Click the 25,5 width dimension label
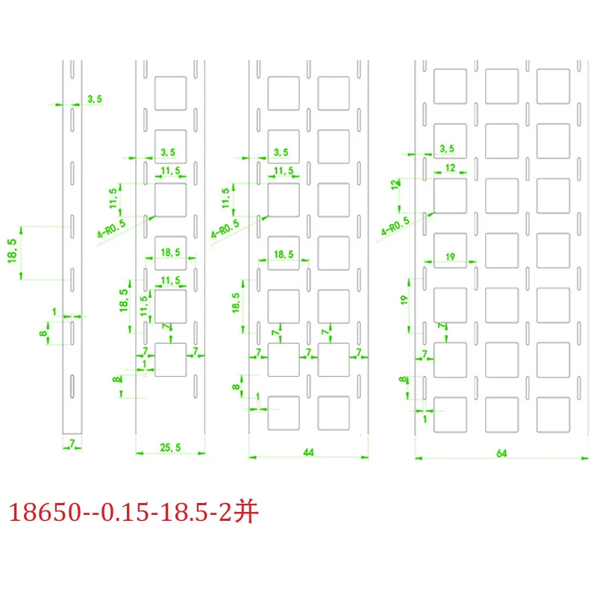(x=170, y=447)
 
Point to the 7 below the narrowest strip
(x=72, y=444)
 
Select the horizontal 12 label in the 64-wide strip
(x=449, y=169)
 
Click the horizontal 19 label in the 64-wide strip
(x=450, y=256)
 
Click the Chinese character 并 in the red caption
(x=246, y=513)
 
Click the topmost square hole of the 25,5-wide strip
(x=170, y=93)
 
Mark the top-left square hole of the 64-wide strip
(x=450, y=86)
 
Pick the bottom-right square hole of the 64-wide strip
(x=553, y=413)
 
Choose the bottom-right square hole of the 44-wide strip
(x=334, y=413)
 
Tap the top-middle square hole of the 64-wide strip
(x=501, y=86)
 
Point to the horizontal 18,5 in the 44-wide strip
(x=283, y=254)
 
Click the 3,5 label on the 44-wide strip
(x=281, y=152)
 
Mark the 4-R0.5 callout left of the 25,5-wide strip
(x=112, y=228)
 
